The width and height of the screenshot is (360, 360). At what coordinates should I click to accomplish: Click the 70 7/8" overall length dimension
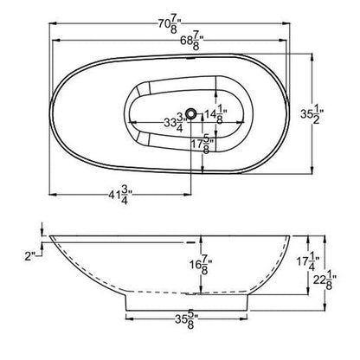tap(179, 19)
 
